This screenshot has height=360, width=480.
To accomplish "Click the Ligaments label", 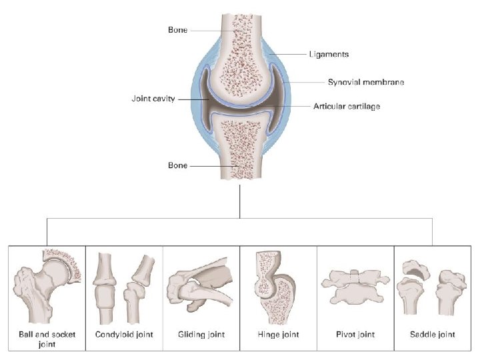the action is [329, 54].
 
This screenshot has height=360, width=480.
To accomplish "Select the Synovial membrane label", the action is [366, 83].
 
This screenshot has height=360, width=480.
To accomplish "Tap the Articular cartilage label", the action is [347, 106].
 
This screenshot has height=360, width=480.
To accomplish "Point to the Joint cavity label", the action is [153, 99].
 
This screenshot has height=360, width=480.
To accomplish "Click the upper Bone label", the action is [178, 31].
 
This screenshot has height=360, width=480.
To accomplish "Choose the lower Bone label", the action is [178, 165].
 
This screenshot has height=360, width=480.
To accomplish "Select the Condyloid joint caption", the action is [123, 334].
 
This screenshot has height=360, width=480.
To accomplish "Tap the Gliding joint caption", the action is [201, 334].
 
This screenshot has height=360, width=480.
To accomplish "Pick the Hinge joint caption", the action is [279, 334].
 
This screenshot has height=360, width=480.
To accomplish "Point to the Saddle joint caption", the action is [433, 334].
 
